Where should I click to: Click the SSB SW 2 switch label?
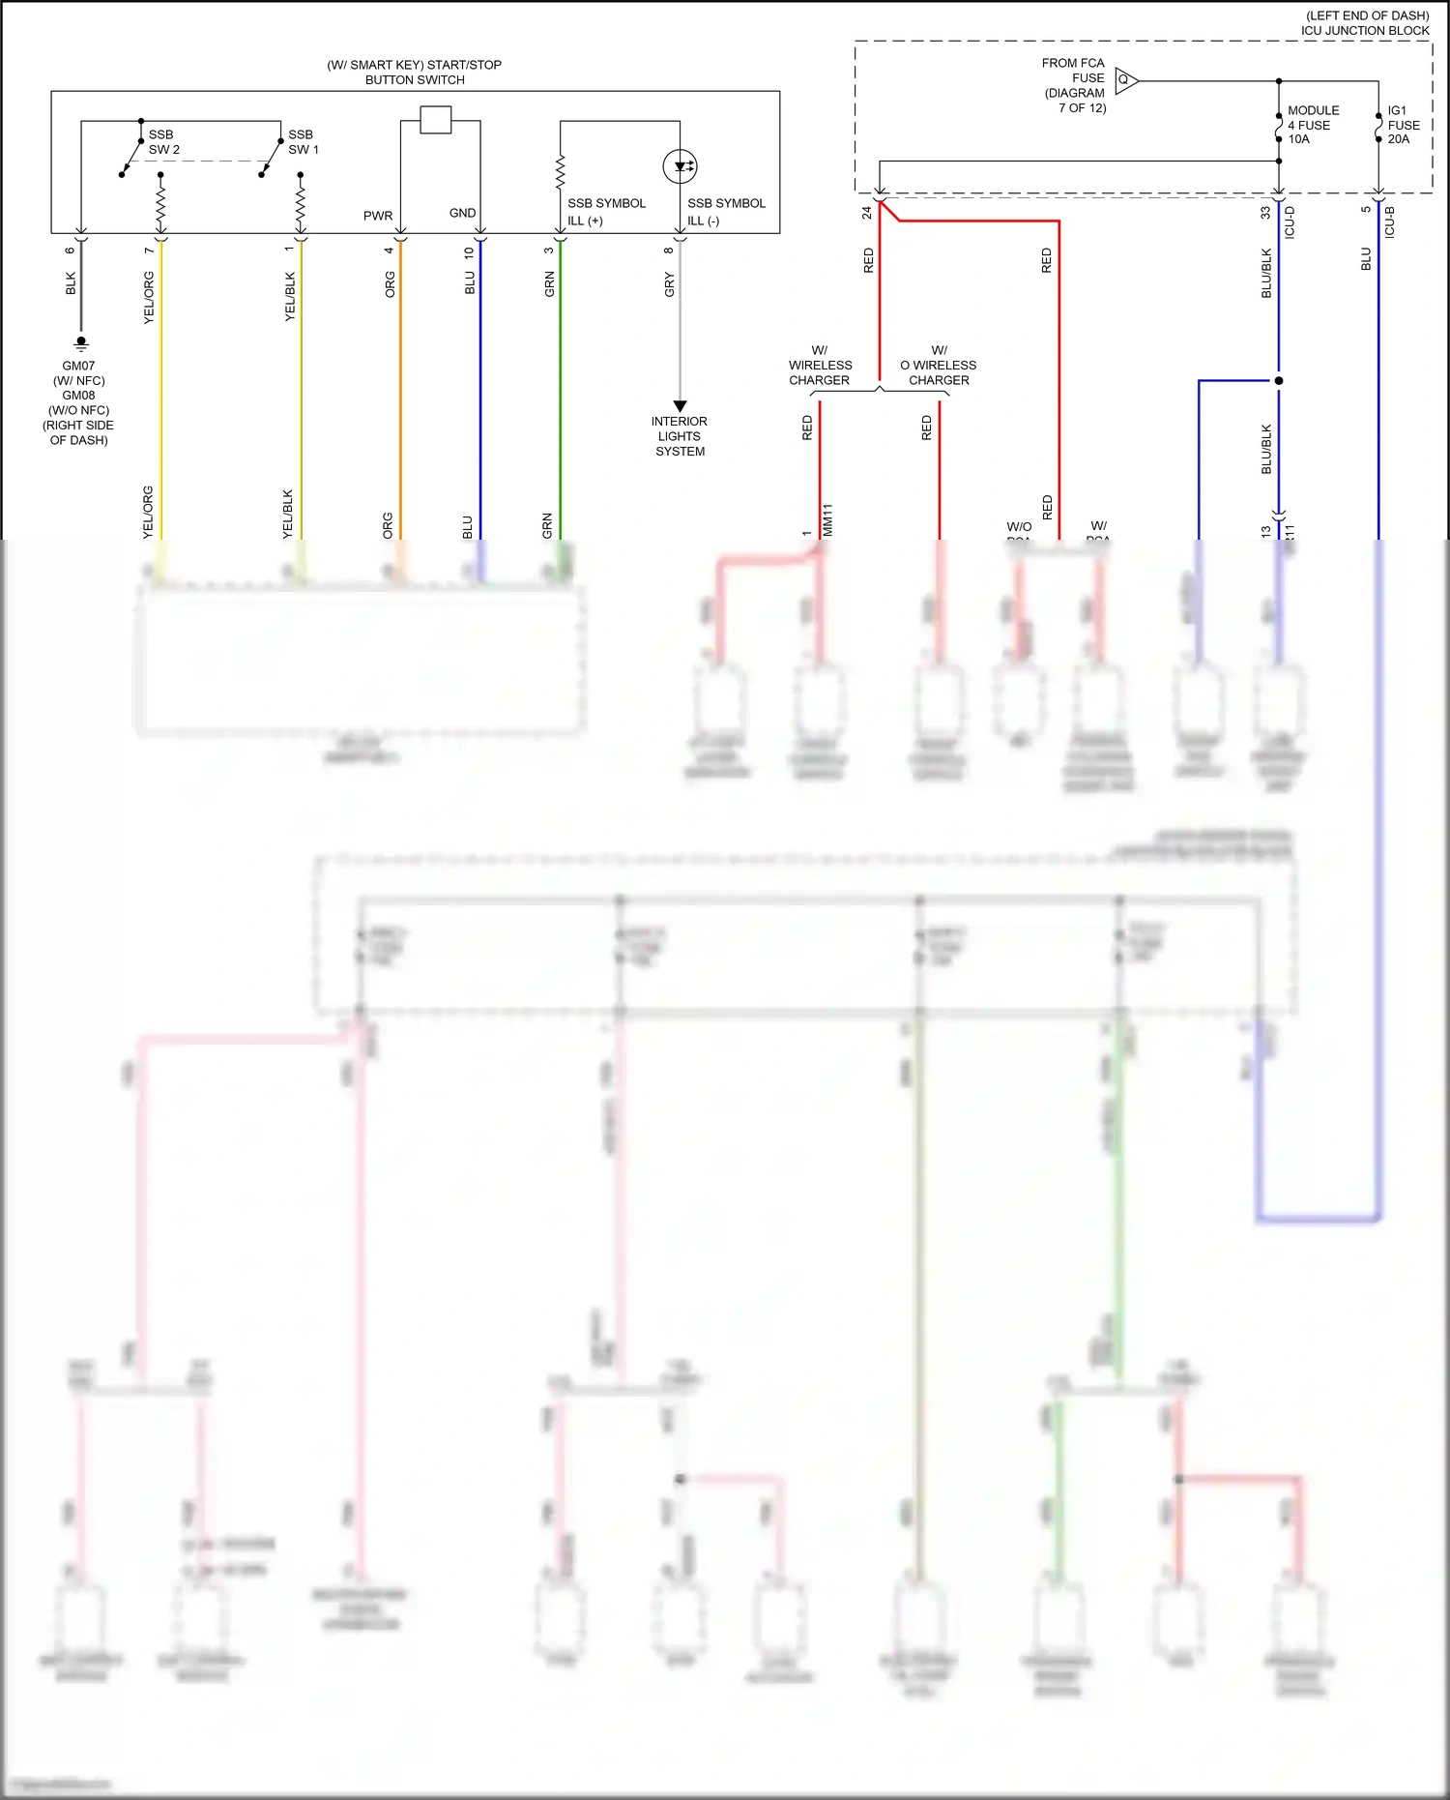tap(163, 142)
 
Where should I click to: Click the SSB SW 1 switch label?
tap(303, 142)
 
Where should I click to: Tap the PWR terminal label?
tap(378, 216)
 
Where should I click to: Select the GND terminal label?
tap(462, 213)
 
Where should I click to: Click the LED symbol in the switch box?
tap(680, 166)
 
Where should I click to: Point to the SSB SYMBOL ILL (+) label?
tap(606, 212)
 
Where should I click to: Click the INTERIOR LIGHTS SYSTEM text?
tap(680, 436)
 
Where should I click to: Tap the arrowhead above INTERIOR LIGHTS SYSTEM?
tap(680, 406)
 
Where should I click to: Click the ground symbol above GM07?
tap(81, 342)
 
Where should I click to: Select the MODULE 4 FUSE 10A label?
tap(1313, 125)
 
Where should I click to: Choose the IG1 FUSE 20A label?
tap(1403, 125)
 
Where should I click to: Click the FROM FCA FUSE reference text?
tap(1074, 85)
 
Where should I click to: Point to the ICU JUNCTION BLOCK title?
tap(1364, 31)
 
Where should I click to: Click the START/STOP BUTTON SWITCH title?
tap(415, 73)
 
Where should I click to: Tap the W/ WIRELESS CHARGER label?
tap(820, 366)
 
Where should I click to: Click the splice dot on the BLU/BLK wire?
tap(1279, 381)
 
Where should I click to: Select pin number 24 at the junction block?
tap(867, 213)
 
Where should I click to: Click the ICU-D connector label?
tap(1290, 222)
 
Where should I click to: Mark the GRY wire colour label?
tap(669, 284)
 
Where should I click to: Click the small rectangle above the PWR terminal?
tap(436, 120)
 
